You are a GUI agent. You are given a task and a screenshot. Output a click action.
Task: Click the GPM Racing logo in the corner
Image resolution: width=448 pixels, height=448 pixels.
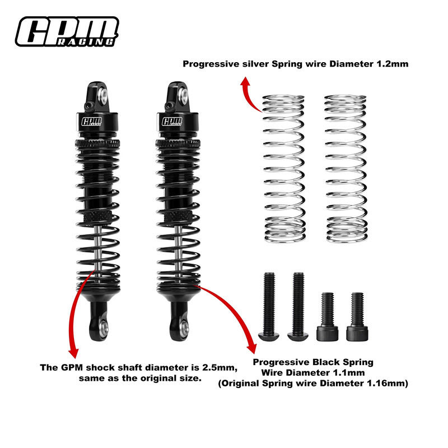(67, 31)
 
